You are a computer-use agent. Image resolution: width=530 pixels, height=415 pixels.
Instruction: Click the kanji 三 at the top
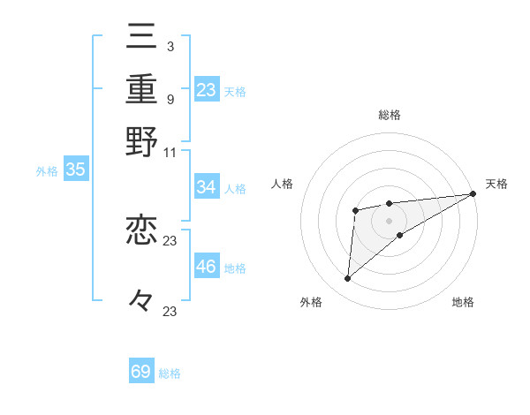click(x=142, y=38)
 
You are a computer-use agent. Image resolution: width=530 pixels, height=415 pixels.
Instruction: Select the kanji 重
click(x=142, y=89)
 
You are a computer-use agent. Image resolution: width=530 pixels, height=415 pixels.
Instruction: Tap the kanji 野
click(x=142, y=141)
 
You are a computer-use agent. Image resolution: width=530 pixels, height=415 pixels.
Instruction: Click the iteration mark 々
click(x=142, y=300)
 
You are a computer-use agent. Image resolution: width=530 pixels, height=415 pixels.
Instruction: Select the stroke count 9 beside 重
click(x=170, y=99)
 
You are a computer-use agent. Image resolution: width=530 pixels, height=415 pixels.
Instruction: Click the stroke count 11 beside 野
click(x=170, y=151)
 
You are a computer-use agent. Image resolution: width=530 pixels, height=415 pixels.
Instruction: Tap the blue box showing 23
click(x=207, y=89)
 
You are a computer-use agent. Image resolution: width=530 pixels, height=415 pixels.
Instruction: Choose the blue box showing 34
click(x=207, y=187)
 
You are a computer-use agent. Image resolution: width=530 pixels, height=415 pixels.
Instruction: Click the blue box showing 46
click(x=207, y=267)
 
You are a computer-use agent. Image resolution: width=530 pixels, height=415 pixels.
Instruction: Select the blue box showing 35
click(x=75, y=170)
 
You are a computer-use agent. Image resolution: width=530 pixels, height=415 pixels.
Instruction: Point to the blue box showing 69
click(x=141, y=372)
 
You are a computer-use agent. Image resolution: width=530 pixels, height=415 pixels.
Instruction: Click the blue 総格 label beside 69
click(x=170, y=373)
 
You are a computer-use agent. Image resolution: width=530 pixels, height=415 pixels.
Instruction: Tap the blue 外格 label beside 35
click(x=47, y=172)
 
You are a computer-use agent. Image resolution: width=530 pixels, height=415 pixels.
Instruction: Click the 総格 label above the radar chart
click(x=390, y=115)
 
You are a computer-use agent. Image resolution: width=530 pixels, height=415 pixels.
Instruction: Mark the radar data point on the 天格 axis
click(x=473, y=193)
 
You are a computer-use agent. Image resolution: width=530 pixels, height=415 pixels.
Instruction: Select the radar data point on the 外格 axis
click(x=348, y=279)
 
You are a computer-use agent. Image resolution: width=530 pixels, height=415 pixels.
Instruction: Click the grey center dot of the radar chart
click(x=390, y=219)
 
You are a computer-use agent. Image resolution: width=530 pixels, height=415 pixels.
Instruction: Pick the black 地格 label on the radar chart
click(x=463, y=303)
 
